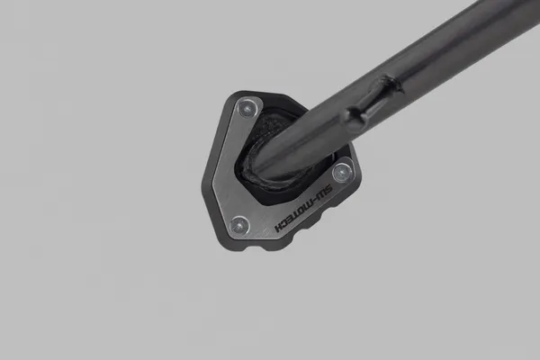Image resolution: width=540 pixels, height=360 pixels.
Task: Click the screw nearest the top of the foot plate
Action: coord(247,109)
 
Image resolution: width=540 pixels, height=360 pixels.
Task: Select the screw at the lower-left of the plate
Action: coord(238,225)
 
